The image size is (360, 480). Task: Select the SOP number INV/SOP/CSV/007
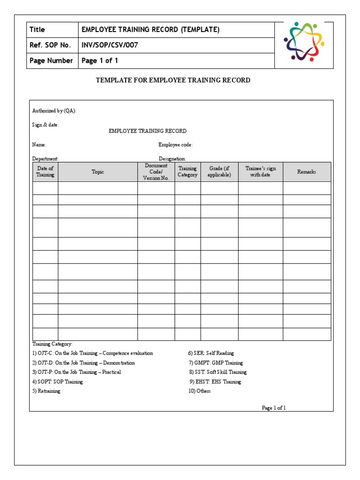click(110, 45)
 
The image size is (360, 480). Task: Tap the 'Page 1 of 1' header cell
click(100, 60)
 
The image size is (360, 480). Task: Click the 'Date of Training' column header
click(45, 172)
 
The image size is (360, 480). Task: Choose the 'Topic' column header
click(98, 172)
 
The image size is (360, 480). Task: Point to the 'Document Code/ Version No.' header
click(156, 172)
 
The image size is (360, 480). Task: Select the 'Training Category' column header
click(187, 172)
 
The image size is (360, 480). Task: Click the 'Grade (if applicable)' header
click(219, 172)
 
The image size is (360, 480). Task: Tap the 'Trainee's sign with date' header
click(261, 172)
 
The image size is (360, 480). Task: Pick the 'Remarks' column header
click(307, 172)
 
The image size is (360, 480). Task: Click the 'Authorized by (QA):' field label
click(54, 111)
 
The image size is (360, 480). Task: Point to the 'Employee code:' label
click(175, 145)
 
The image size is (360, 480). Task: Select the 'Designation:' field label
click(172, 159)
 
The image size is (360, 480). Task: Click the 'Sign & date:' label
click(45, 125)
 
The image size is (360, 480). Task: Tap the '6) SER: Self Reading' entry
click(211, 353)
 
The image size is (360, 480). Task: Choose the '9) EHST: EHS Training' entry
click(215, 382)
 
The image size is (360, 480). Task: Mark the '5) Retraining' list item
click(46, 391)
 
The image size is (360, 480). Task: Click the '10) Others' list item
click(200, 391)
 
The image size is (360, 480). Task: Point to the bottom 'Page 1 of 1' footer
click(273, 408)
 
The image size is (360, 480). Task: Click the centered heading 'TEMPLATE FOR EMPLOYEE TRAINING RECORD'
click(173, 80)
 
